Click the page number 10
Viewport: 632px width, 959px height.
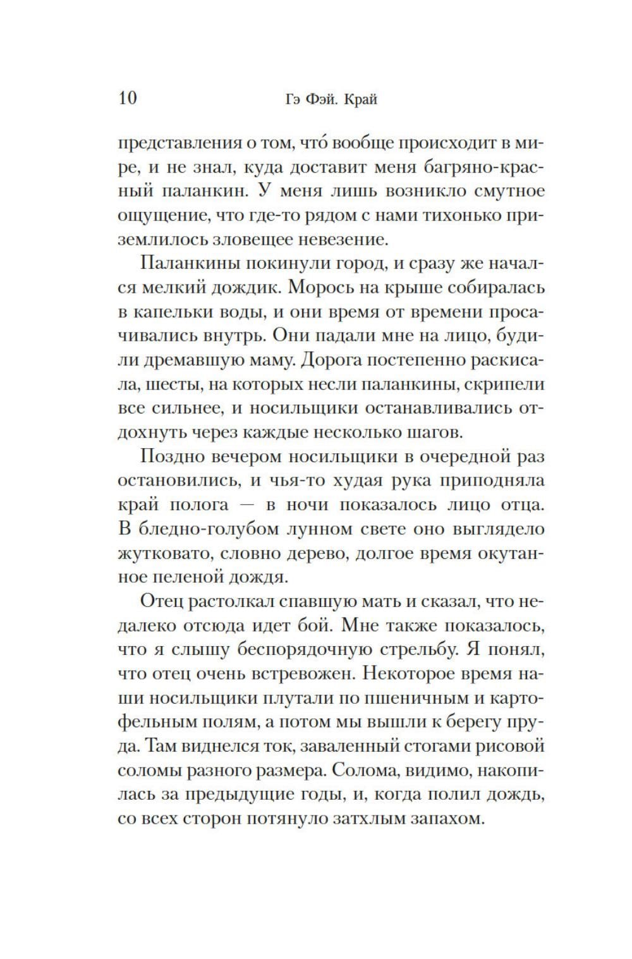pyautogui.click(x=126, y=98)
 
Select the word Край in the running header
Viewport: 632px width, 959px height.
pyautogui.click(x=362, y=99)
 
